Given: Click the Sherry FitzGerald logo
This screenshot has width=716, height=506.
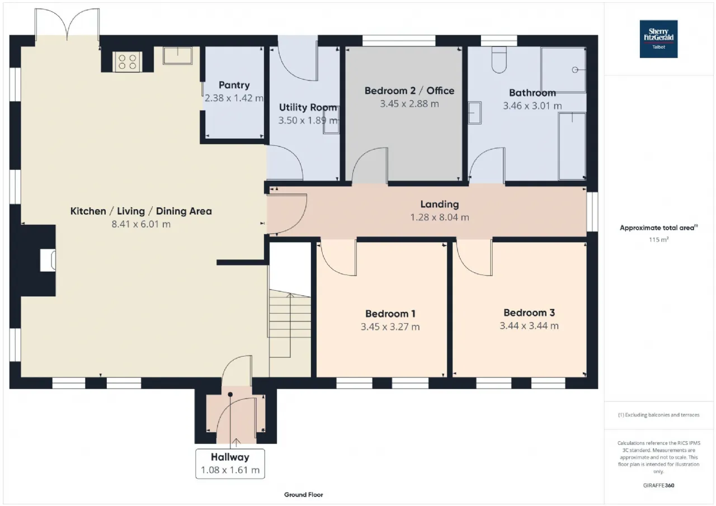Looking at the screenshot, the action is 658,39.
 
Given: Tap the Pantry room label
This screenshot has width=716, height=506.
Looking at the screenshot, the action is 234,85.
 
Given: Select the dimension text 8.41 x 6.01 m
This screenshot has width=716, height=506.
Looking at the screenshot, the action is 141,224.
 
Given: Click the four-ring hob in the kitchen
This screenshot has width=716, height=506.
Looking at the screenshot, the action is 127,62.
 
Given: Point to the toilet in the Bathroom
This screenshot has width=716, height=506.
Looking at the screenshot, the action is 499,60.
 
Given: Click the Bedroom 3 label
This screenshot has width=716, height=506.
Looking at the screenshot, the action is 529,313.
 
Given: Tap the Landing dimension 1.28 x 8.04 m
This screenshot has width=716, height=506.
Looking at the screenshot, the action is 440,217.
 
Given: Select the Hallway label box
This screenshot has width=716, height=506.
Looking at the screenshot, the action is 230,464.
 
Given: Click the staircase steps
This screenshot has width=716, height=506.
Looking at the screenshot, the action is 290,323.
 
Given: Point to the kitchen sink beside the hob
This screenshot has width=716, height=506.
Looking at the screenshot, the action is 177,55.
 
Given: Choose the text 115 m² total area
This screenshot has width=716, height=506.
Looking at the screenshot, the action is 658,240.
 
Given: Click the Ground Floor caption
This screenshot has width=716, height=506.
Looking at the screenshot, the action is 303,495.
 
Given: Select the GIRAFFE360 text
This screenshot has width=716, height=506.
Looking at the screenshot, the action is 658,485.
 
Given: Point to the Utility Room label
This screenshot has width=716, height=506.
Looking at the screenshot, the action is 308,107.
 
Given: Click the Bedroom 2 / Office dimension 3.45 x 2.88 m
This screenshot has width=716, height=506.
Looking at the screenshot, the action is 409,104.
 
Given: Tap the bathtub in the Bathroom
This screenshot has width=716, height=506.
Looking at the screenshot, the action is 572,146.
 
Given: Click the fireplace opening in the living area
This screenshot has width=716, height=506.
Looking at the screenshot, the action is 48,261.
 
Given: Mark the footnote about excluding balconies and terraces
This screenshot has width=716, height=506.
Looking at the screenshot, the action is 658,415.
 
